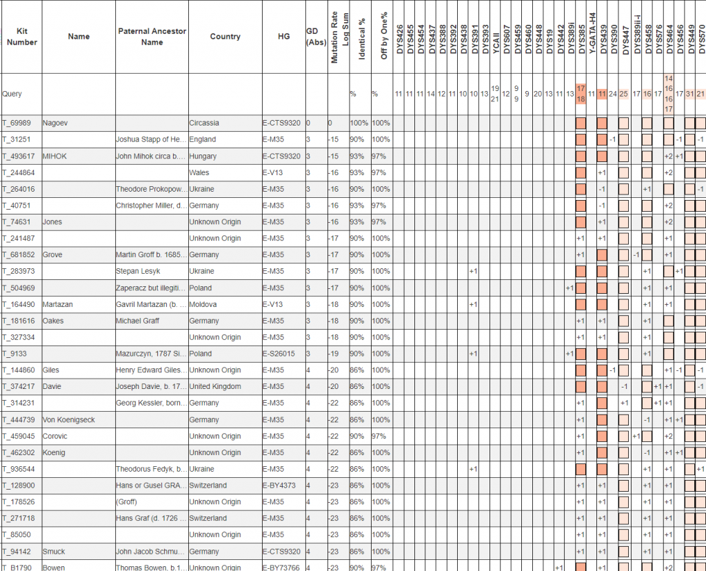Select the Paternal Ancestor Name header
tap(152, 37)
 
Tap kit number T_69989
tap(17, 123)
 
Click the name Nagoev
tap(54, 123)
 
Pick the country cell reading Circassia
tap(204, 123)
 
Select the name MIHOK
tap(54, 156)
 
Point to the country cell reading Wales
tap(199, 172)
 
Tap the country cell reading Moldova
tap(203, 304)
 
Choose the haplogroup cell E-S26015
tap(281, 354)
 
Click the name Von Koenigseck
tap(68, 420)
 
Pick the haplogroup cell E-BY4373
tap(281, 485)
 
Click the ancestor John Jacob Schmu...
tap(150, 552)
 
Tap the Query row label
tap(12, 94)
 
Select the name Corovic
tap(56, 437)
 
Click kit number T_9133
tap(14, 354)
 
